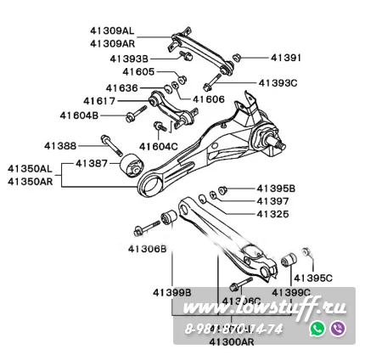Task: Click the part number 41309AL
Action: click(110, 30)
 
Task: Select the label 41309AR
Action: click(111, 42)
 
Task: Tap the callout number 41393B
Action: click(130, 58)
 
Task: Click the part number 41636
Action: click(121, 87)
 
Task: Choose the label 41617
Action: click(99, 100)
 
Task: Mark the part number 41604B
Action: click(79, 114)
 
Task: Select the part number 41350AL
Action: click(30, 168)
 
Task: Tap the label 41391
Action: click(286, 58)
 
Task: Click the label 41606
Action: click(208, 99)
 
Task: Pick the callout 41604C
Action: click(158, 146)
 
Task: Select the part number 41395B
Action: click(276, 188)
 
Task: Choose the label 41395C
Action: click(312, 277)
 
